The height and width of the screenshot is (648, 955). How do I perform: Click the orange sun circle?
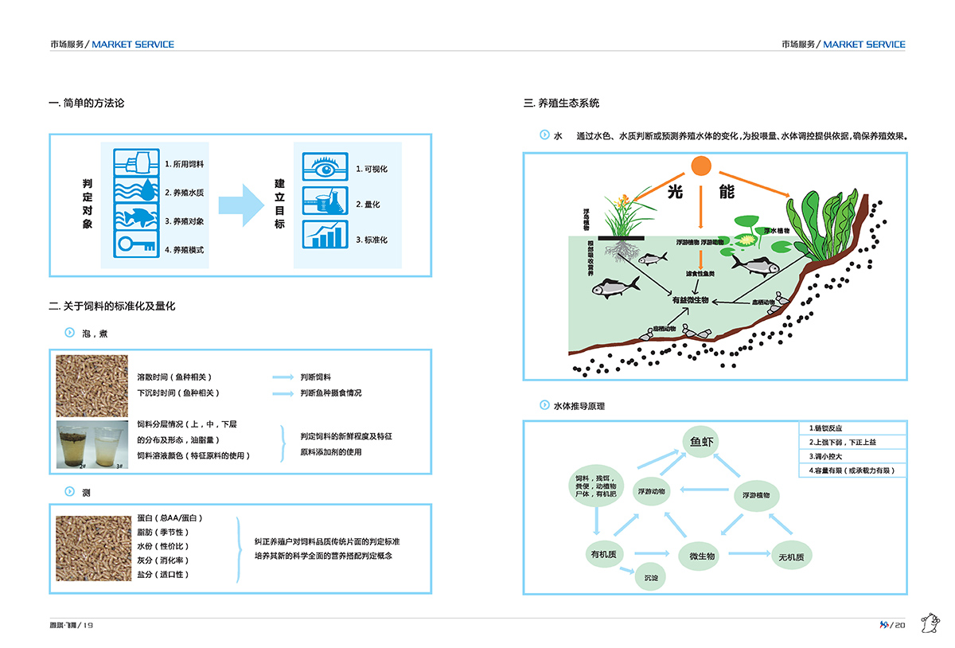click(700, 166)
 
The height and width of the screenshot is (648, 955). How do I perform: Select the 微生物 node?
click(700, 556)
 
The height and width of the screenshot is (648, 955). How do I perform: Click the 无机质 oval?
click(790, 556)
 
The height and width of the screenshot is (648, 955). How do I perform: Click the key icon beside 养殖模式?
click(132, 245)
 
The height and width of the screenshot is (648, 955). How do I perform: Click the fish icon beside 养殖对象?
click(132, 216)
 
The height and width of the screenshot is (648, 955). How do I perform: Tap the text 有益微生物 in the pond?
click(690, 300)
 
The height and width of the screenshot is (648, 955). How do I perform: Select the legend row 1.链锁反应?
click(852, 427)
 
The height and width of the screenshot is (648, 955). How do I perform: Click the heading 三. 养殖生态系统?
click(561, 103)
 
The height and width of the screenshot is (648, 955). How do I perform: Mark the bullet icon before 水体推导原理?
click(544, 405)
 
